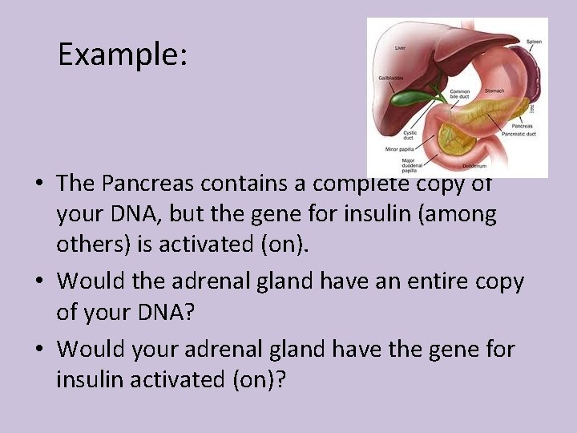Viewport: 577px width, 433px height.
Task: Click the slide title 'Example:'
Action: click(x=123, y=54)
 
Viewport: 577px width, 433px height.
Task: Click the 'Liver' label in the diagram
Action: click(x=400, y=47)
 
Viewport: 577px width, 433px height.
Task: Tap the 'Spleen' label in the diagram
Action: click(x=534, y=40)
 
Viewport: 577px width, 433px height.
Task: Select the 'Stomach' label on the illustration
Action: click(x=494, y=91)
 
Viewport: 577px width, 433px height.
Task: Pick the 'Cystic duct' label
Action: click(x=410, y=136)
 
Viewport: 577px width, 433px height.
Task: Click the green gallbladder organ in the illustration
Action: click(x=417, y=99)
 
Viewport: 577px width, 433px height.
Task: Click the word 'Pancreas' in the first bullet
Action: click(x=143, y=184)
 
